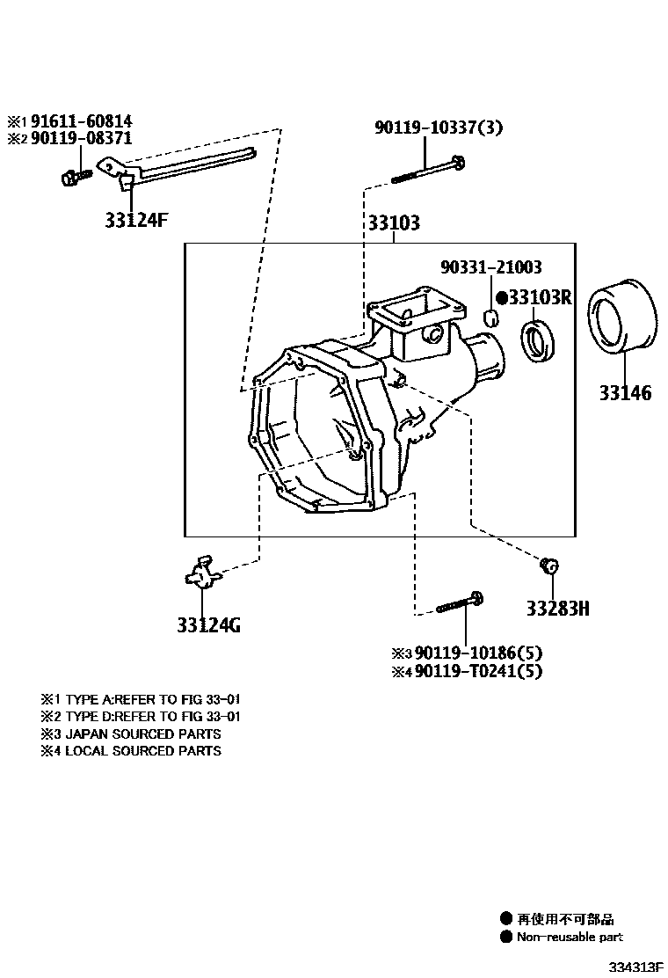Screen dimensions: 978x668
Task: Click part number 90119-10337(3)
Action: click(x=438, y=128)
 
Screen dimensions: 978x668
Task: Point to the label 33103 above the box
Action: click(x=393, y=223)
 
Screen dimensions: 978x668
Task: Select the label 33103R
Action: click(x=540, y=297)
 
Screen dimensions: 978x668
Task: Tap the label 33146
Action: click(x=625, y=393)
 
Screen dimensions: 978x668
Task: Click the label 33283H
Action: click(x=557, y=608)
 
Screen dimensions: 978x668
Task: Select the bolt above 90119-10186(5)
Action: click(x=459, y=603)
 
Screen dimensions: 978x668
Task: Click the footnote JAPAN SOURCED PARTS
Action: click(x=142, y=733)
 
